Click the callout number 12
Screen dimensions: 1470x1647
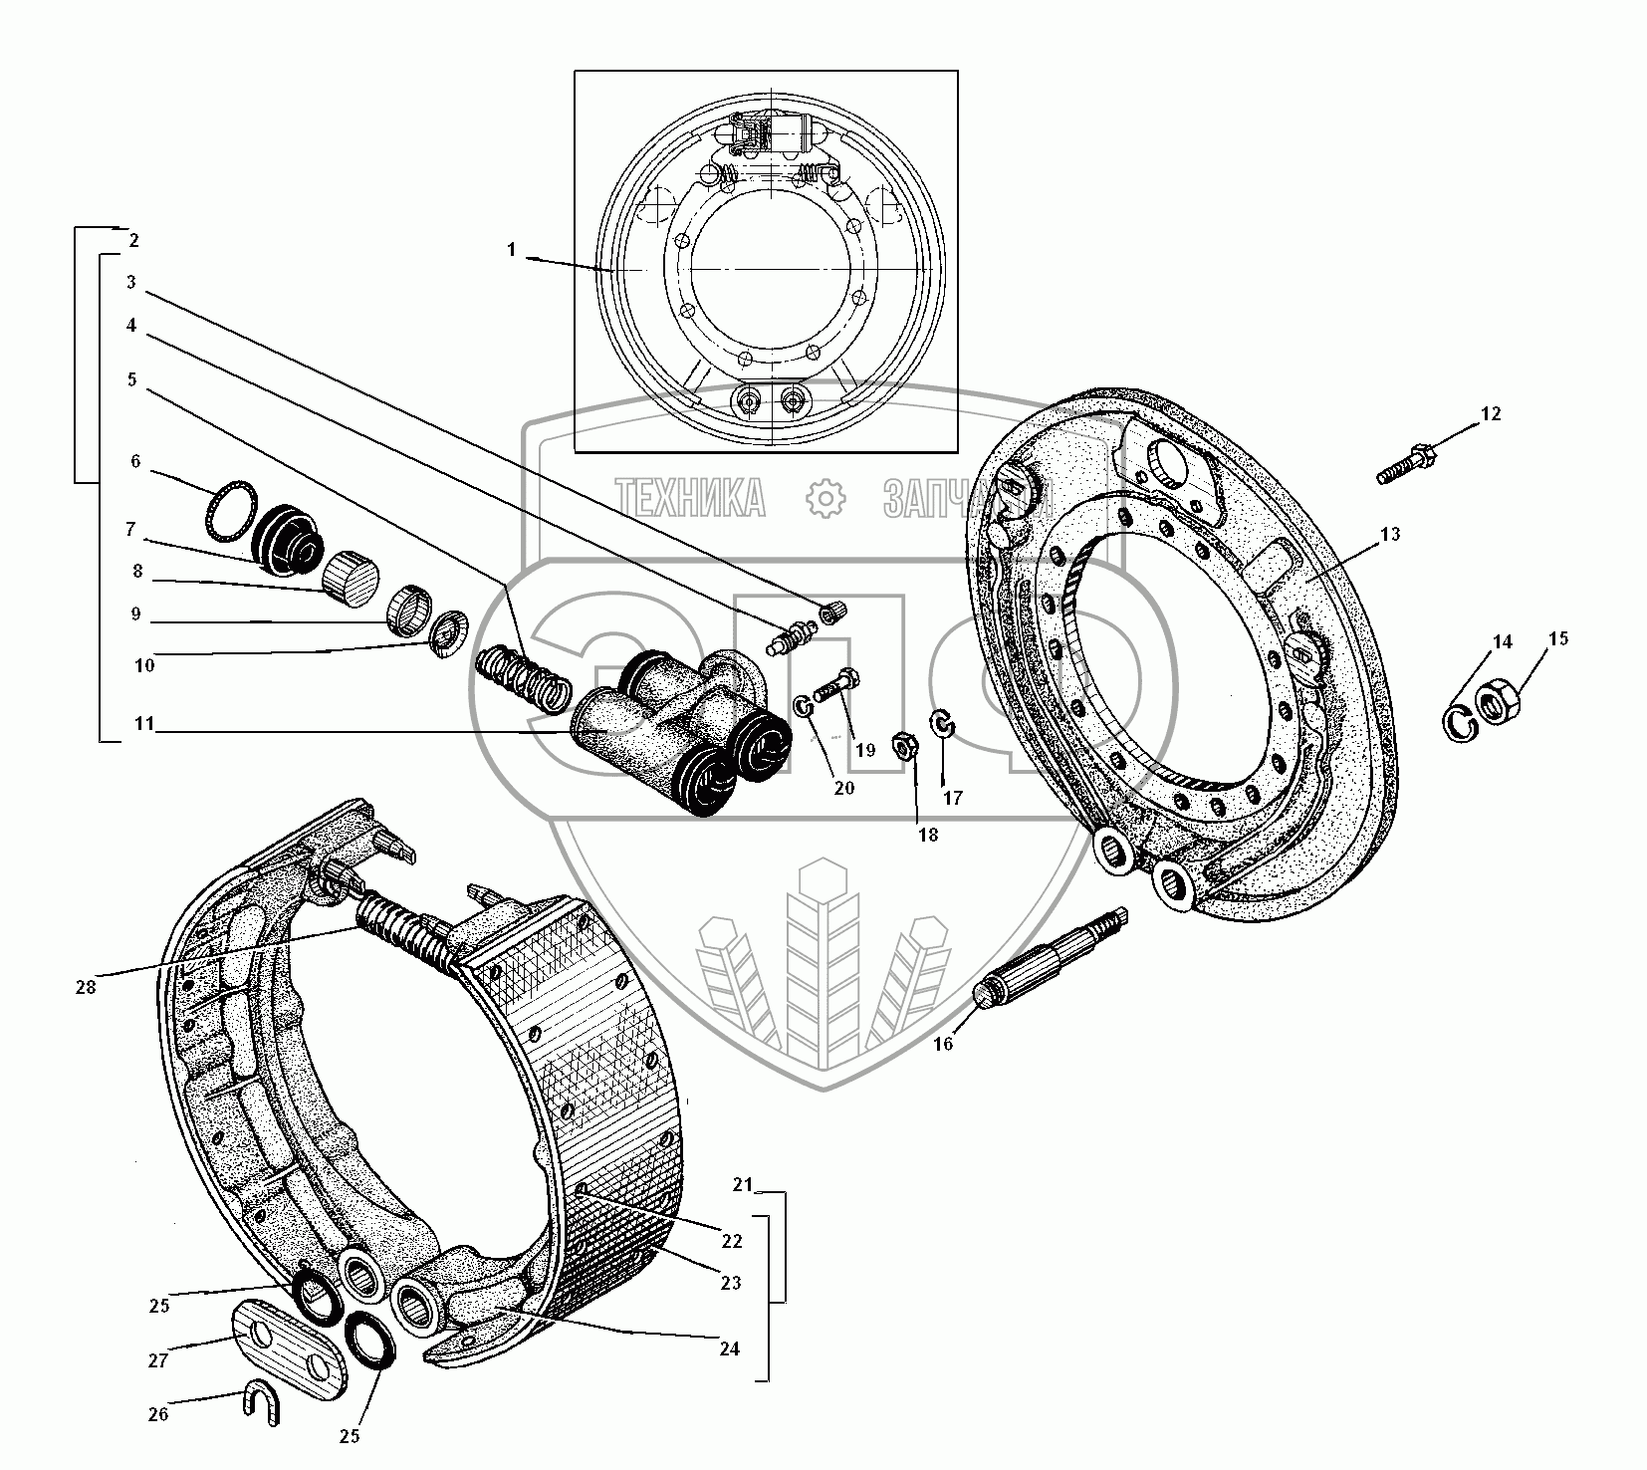point(1490,414)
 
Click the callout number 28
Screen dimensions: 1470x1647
point(86,987)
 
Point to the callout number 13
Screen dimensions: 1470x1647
point(1390,535)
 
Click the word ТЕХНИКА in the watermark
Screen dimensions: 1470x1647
point(690,497)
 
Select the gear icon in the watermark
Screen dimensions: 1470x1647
point(824,497)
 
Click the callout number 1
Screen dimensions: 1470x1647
point(512,250)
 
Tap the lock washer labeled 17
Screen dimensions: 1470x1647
point(942,724)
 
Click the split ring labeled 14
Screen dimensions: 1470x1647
point(1459,724)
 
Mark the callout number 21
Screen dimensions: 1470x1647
point(742,1184)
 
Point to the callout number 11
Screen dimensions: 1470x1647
point(145,724)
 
